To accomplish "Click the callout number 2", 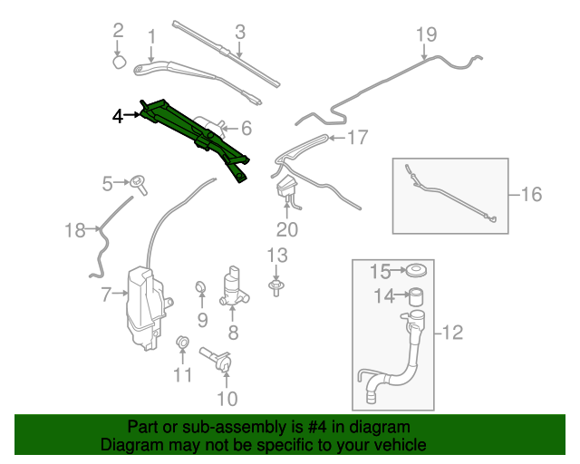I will tap(118, 31).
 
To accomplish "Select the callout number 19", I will tap(426, 34).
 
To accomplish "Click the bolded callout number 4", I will tap(117, 115).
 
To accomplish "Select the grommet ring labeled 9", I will tap(201, 290).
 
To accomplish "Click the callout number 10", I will tap(227, 398).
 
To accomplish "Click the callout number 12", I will tap(452, 333).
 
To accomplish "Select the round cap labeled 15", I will tap(417, 270).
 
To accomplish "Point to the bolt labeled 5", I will tap(140, 182).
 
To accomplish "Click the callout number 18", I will tap(74, 230).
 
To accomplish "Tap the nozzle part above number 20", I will tap(286, 189).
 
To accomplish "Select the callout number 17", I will tap(357, 138).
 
